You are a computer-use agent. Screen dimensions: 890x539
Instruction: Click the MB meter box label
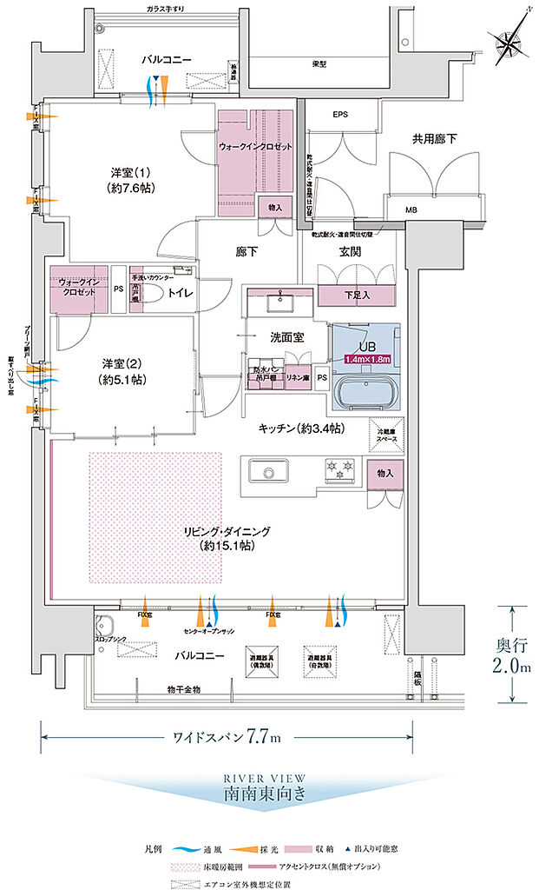(411, 209)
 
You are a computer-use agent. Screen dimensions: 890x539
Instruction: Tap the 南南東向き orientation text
(264, 793)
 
